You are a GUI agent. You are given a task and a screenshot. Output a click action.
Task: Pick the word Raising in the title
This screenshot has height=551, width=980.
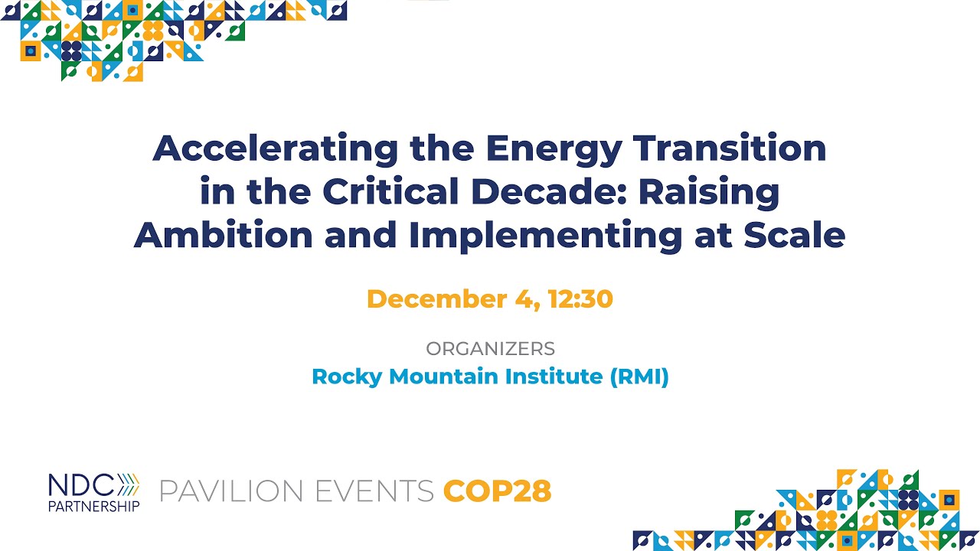click(x=709, y=191)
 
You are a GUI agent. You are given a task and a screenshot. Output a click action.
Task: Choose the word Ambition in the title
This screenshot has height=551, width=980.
click(x=224, y=234)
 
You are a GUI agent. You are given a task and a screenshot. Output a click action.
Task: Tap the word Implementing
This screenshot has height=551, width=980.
click(x=545, y=234)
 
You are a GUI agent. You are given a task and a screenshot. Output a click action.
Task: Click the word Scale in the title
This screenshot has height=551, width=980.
click(x=794, y=234)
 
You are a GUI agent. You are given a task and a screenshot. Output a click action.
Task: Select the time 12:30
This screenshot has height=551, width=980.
click(x=580, y=298)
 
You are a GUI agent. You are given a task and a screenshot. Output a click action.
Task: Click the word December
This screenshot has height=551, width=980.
click(x=439, y=298)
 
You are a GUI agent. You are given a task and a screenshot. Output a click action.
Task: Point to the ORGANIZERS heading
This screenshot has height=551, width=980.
click(x=490, y=349)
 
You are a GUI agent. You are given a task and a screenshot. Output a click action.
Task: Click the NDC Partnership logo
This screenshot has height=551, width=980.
click(x=93, y=491)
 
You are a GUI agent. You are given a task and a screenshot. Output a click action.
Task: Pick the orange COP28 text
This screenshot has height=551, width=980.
click(x=497, y=491)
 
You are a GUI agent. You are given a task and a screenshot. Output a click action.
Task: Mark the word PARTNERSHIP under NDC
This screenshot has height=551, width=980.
click(x=93, y=506)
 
